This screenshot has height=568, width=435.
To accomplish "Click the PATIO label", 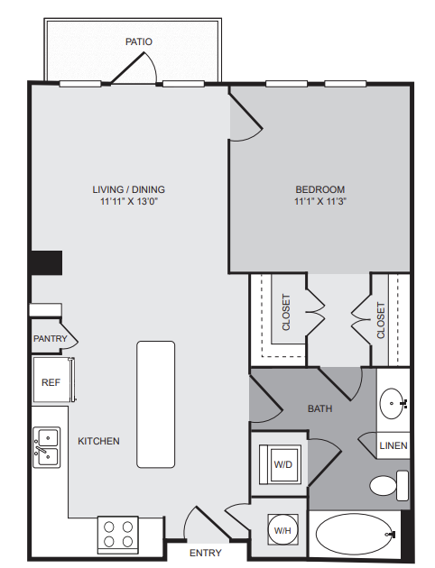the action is (138, 41).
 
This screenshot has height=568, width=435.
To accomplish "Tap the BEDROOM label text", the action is (320, 189).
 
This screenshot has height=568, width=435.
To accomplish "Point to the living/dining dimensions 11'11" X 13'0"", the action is (129, 201).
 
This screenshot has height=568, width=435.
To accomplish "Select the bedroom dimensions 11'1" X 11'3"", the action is (320, 201).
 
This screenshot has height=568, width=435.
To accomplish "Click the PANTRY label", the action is (51, 339).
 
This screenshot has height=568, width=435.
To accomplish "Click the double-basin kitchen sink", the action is (47, 447).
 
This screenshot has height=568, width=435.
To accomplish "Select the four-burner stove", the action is (118, 535).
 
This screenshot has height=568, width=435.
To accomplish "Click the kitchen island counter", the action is (156, 405).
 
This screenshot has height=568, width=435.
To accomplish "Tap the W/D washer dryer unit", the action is (280, 464).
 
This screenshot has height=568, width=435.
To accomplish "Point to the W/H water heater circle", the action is (282, 529).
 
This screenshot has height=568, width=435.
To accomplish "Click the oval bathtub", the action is (354, 534).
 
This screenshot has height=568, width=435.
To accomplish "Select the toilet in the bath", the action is (389, 485).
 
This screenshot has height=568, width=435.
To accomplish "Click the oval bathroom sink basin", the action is (392, 404).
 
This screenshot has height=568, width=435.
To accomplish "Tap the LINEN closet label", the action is (393, 445).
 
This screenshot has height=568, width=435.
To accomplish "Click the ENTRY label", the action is (206, 553).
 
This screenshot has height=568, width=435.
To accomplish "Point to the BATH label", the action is (320, 408).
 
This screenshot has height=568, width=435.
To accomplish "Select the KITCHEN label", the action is (98, 441).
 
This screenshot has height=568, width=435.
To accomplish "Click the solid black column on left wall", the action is (46, 262).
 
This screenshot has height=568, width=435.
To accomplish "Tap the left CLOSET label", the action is (286, 312).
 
